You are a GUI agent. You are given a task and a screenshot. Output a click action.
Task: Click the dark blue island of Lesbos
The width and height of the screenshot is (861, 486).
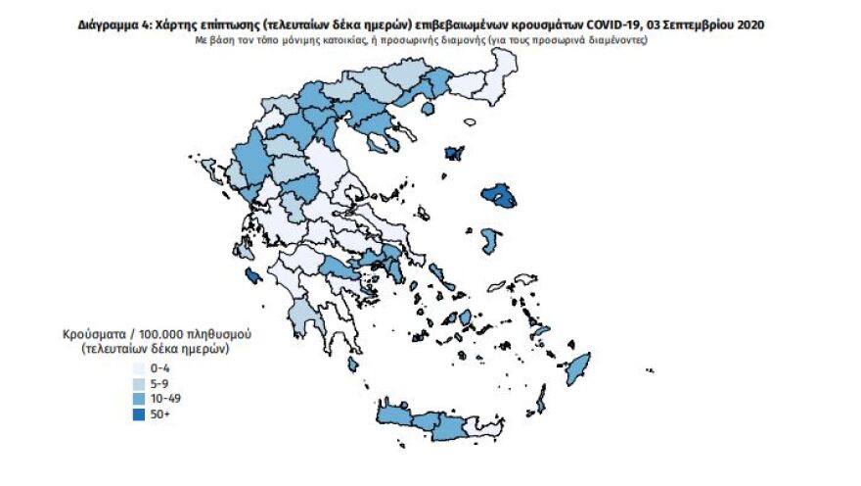click(x=500, y=199)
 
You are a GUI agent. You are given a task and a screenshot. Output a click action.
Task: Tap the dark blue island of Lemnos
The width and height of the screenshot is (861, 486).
click(x=454, y=154)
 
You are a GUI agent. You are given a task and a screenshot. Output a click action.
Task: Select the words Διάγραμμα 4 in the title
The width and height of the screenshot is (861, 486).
click(x=110, y=24)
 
